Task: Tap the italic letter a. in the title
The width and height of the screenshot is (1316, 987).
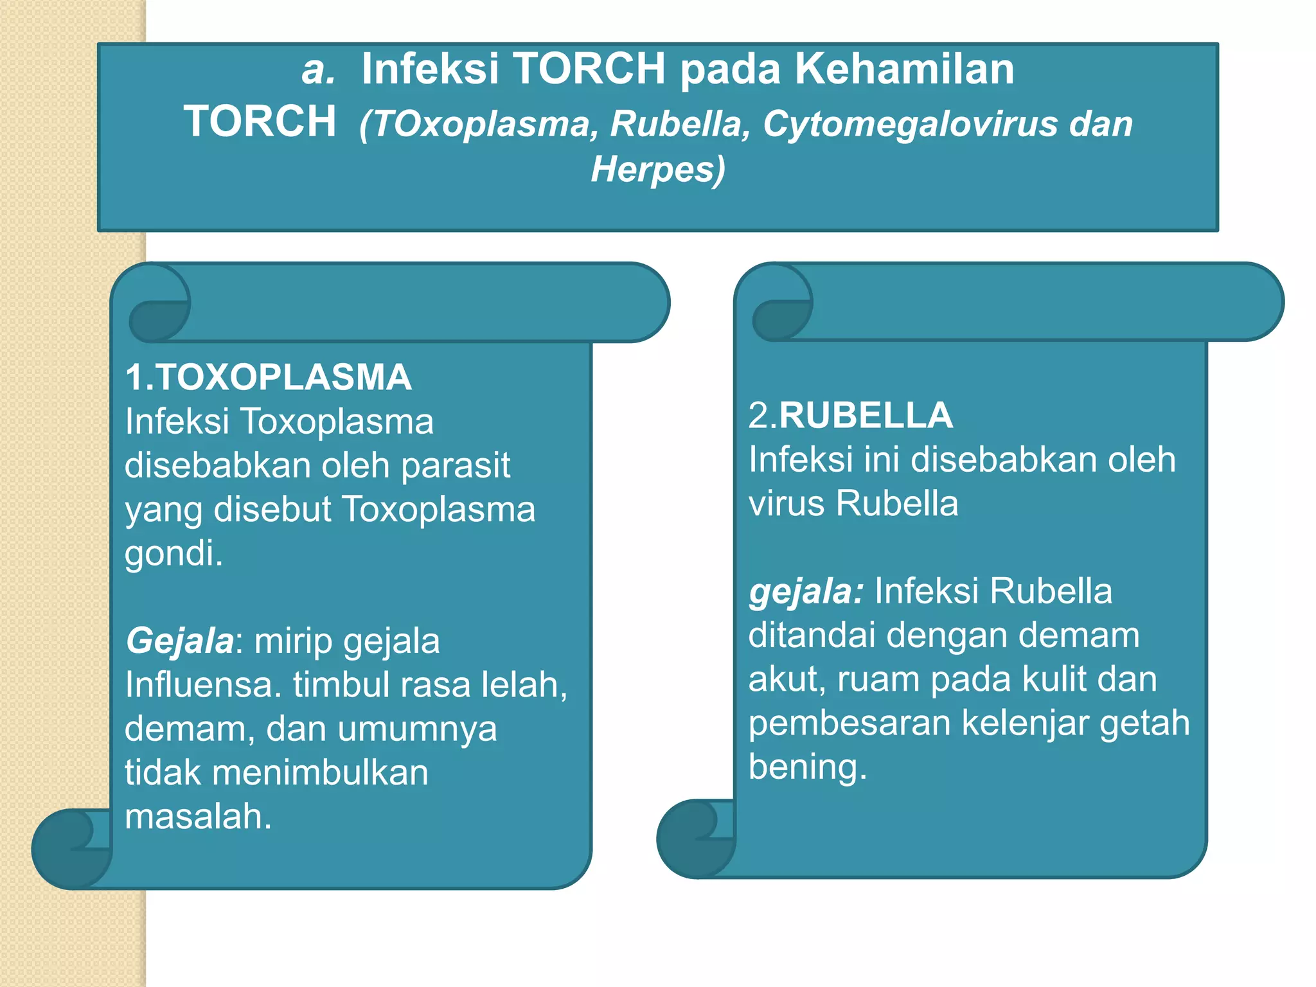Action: tap(318, 69)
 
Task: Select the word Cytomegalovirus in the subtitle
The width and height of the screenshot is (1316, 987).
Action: tap(910, 123)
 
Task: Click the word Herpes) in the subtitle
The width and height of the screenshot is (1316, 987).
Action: tap(657, 169)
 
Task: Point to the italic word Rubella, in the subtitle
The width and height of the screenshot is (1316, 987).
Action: tap(680, 123)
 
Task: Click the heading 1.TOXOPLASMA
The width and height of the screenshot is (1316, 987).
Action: tap(268, 377)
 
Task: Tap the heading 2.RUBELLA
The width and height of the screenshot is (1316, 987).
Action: tap(850, 415)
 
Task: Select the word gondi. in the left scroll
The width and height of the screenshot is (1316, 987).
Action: tap(173, 553)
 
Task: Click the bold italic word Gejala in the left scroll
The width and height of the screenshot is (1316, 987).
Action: tap(179, 641)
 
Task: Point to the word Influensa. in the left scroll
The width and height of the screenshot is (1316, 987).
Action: tap(203, 684)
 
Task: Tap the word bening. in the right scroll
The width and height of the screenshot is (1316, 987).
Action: tap(808, 766)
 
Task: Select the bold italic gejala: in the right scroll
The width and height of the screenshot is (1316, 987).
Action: tap(806, 591)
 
